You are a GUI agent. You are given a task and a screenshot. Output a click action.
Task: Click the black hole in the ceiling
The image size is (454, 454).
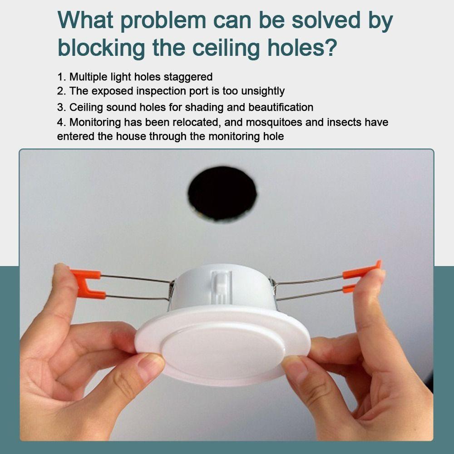[x=222, y=193]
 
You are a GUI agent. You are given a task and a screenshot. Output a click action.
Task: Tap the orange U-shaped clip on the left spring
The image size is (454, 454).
[x=87, y=284]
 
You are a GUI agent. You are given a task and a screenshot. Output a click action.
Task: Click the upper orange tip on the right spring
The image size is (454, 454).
[x=362, y=270]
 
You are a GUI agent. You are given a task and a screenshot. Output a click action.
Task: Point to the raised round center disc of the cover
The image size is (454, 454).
[x=223, y=351]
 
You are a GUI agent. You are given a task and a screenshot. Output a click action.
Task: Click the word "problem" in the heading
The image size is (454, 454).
[x=163, y=21]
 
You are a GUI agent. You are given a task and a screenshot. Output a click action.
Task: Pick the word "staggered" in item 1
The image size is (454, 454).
[x=188, y=77]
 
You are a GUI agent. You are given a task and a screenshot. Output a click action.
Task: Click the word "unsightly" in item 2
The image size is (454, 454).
[x=262, y=92]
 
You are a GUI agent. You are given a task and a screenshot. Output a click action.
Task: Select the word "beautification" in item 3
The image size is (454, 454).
[x=281, y=107]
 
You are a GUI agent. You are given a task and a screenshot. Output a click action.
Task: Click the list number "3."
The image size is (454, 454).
[x=61, y=108]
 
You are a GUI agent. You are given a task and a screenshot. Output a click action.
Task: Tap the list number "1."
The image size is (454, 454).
[x=61, y=77]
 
